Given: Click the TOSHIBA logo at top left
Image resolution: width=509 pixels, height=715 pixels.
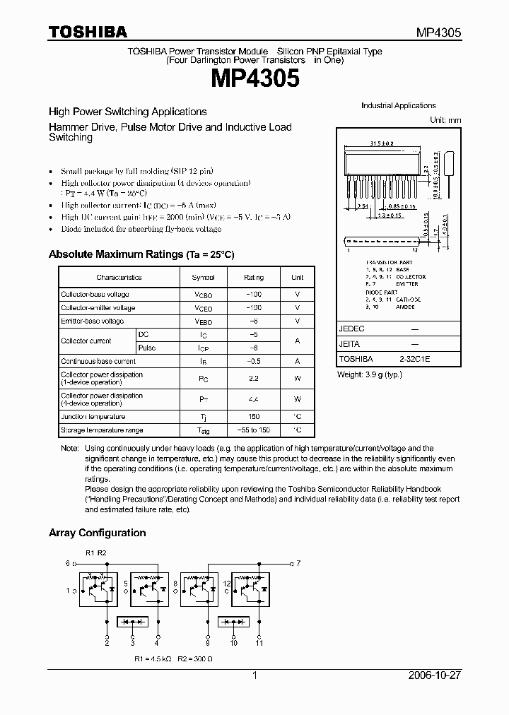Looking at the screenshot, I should point(88,32).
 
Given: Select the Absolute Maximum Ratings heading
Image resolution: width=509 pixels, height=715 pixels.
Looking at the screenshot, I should point(141,254).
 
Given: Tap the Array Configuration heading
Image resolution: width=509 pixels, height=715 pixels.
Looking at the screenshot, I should point(97,533).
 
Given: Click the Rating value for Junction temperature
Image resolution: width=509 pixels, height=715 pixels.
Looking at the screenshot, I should point(254,417).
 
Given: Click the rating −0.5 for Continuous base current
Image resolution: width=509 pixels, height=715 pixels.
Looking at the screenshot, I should point(254,361).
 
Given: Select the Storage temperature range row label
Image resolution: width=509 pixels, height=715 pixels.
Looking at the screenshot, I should point(102,430).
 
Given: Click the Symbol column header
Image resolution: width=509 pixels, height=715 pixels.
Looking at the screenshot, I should point(203,278).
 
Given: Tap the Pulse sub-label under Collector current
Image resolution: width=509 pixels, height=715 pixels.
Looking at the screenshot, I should point(147,348).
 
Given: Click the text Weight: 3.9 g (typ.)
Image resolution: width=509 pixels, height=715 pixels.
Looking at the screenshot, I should point(369,374).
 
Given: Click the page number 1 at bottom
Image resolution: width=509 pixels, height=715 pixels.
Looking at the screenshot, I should point(255,675).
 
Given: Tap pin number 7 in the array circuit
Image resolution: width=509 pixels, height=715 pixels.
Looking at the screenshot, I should point(298,563).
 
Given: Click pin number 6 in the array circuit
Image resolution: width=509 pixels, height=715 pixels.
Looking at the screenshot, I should point(67,563).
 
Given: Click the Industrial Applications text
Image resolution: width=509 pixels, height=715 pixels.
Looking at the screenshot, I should point(398,105).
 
